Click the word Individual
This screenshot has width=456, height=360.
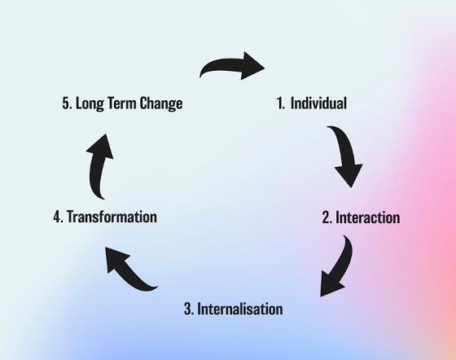tap(318, 103)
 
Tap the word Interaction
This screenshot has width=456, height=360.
tap(368, 217)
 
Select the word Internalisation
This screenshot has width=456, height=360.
tap(240, 309)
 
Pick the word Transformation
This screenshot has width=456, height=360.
tap(112, 217)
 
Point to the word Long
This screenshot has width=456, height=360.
tap(90, 103)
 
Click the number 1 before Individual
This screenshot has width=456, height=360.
tap(280, 103)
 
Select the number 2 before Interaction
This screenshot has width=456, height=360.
tap(327, 217)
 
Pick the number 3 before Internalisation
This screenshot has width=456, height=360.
tap(189, 309)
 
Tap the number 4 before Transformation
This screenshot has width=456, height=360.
tap(58, 217)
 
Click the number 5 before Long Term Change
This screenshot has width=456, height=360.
tap(68, 103)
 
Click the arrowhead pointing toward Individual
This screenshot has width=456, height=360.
tap(252, 66)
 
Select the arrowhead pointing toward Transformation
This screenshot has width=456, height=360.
tap(115, 259)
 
